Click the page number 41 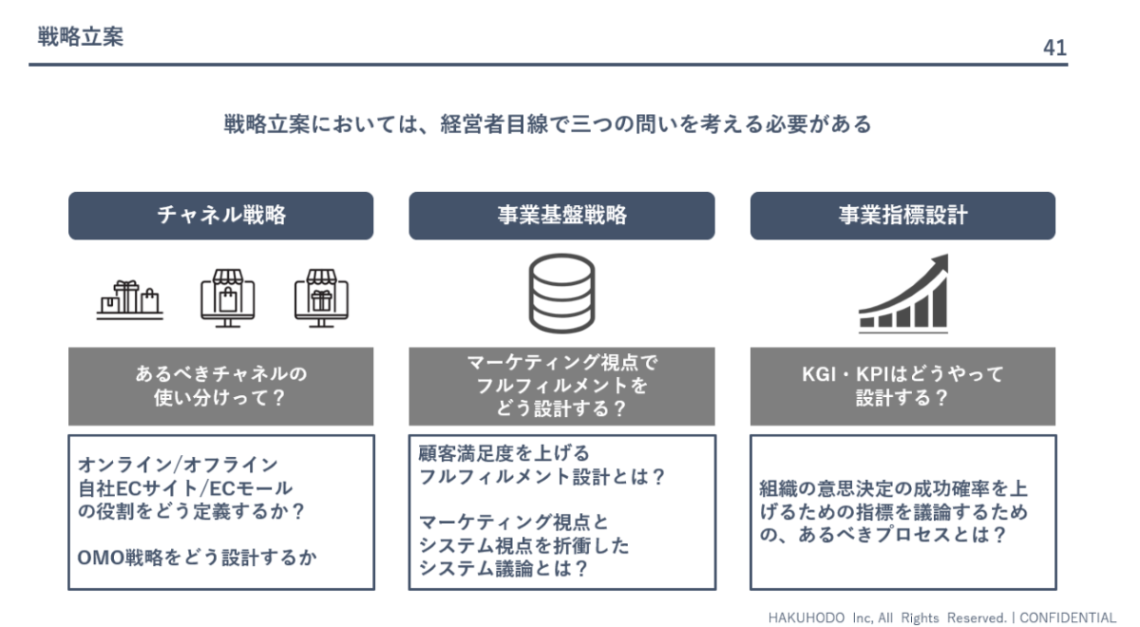[x=1054, y=47]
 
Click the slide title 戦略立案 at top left [x=81, y=37]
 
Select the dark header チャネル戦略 [x=220, y=216]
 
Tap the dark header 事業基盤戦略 [x=561, y=216]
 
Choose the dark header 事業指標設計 [x=902, y=216]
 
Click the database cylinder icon [x=561, y=294]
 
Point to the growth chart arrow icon [x=903, y=294]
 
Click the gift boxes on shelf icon [x=130, y=300]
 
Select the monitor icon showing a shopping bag [x=227, y=298]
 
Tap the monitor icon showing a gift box [x=321, y=298]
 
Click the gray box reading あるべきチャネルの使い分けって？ [x=220, y=387]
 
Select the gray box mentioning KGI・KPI [x=902, y=387]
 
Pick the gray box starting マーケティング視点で [x=561, y=387]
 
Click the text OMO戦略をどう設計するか [x=197, y=558]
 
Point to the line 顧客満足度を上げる [x=503, y=453]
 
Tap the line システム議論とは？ [x=503, y=568]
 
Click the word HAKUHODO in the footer [x=807, y=617]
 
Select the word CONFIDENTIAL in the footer [x=1068, y=617]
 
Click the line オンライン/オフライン [x=178, y=465]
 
